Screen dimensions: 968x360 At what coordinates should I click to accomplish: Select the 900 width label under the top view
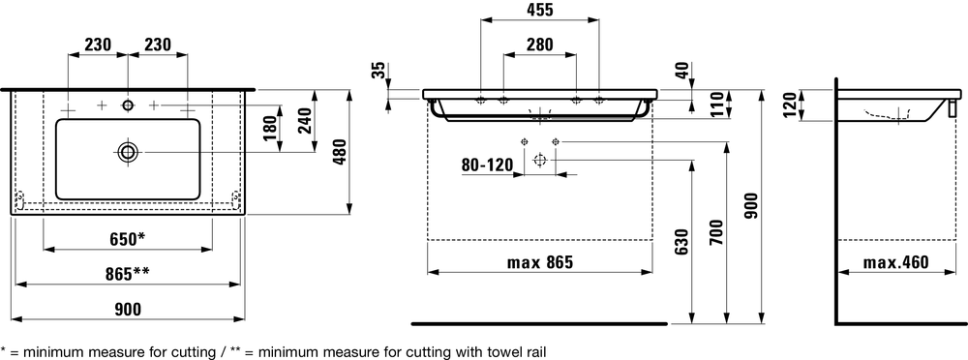pyautogui.click(x=128, y=309)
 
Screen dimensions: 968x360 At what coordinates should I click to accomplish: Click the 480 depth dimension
pyautogui.click(x=341, y=152)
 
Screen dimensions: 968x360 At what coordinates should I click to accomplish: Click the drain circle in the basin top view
pyautogui.click(x=128, y=152)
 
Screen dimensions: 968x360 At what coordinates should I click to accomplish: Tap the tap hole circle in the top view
pyautogui.click(x=128, y=105)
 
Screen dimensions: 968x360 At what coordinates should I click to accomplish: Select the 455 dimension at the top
pyautogui.click(x=540, y=10)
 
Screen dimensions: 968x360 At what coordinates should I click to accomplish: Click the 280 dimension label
pyautogui.click(x=540, y=45)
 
